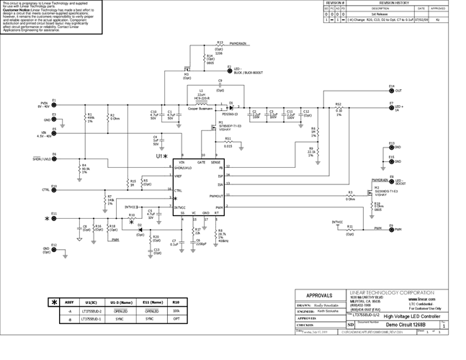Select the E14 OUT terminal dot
(x=391, y=91)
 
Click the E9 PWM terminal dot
(x=391, y=228)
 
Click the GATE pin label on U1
(x=201, y=163)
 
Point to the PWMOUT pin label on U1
(x=216, y=195)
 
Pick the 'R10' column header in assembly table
(x=176, y=303)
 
